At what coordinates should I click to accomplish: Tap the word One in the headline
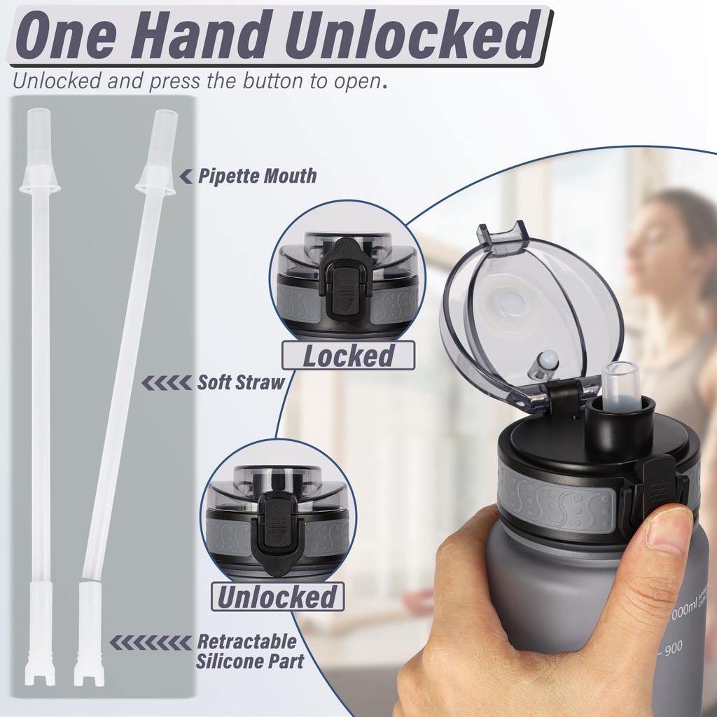[66, 35]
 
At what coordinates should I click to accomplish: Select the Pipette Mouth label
[257, 176]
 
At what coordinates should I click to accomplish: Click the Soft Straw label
[241, 382]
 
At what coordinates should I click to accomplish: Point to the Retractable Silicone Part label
[250, 651]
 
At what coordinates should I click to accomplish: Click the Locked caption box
[349, 355]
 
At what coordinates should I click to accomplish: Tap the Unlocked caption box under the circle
[277, 597]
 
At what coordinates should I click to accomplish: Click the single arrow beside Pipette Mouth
[186, 176]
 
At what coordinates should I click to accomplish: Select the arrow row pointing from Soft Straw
[167, 383]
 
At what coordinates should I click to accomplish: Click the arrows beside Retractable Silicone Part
[151, 643]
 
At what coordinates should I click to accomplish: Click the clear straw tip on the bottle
[620, 384]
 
